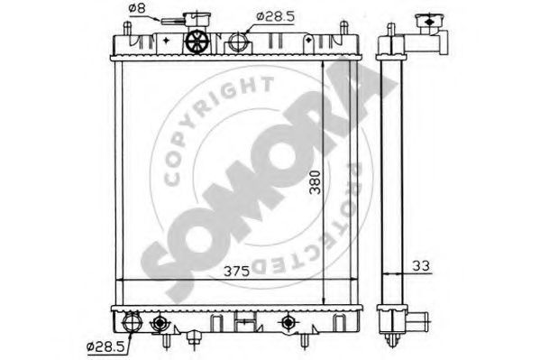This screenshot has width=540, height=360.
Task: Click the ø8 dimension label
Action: tap(137, 8)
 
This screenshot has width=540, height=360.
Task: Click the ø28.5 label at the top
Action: tap(276, 16)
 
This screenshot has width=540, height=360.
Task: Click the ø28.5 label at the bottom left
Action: tap(105, 346)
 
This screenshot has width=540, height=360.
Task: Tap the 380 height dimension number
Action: tap(316, 182)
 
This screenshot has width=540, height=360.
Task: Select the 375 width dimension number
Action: tap(236, 272)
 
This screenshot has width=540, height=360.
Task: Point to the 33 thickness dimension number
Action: tap(421, 266)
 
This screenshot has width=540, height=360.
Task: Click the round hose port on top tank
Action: tap(238, 42)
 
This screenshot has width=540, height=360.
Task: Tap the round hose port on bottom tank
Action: tap(133, 321)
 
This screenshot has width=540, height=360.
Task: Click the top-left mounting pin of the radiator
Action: tap(127, 28)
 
